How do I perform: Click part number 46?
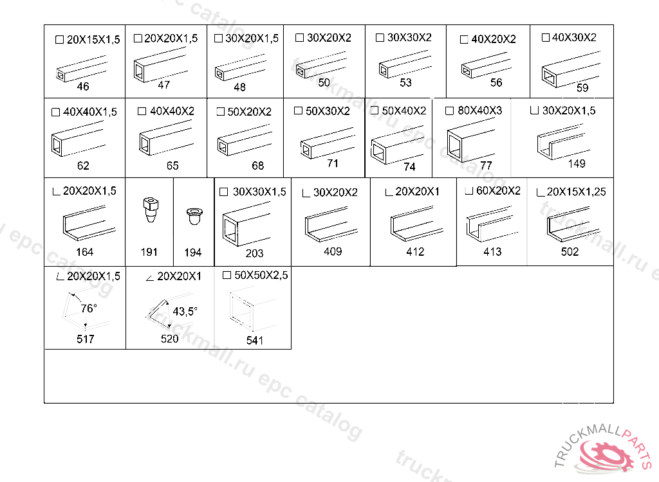click(x=83, y=87)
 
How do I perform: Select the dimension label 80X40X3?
click(x=479, y=111)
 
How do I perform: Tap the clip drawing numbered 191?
click(x=151, y=209)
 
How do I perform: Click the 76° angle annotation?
click(x=89, y=308)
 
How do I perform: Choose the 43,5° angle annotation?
click(x=185, y=312)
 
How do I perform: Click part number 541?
click(x=255, y=340)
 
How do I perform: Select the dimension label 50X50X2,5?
click(x=261, y=275)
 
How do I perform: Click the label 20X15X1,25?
click(x=576, y=192)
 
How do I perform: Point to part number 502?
click(x=570, y=251)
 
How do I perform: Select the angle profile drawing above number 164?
click(x=89, y=222)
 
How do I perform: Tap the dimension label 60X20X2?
click(x=498, y=191)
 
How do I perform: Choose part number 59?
click(x=582, y=88)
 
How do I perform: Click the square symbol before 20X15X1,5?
click(x=59, y=39)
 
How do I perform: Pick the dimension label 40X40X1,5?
click(x=90, y=112)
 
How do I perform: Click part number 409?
click(x=333, y=251)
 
